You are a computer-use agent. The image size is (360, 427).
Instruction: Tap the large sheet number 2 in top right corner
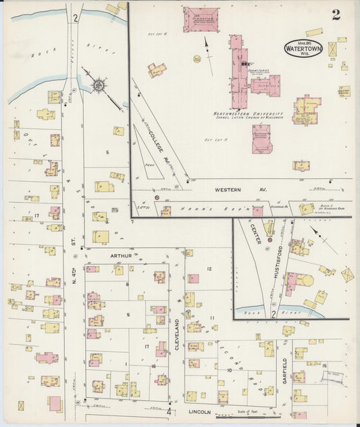point(336,15)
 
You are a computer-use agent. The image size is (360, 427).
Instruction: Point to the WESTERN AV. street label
point(229,190)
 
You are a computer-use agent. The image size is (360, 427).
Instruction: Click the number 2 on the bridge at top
point(76,18)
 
